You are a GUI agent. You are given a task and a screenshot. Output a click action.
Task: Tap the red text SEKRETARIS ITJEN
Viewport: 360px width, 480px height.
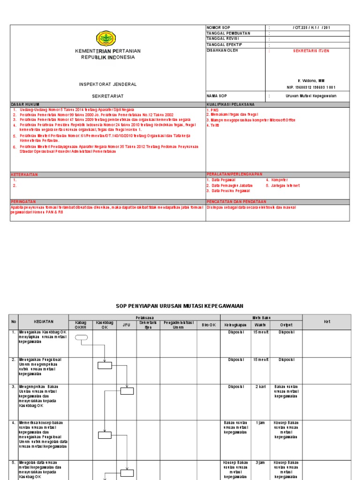pos(311,51)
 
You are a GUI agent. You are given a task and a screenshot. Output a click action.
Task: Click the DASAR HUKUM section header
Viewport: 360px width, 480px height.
pos(25,104)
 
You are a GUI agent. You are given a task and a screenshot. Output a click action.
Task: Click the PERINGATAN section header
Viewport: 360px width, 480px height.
pos(23,202)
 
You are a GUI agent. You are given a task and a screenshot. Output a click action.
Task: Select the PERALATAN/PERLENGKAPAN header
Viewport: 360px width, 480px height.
pos(234,174)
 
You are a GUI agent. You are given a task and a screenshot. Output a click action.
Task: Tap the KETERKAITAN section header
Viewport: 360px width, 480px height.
pos(24,174)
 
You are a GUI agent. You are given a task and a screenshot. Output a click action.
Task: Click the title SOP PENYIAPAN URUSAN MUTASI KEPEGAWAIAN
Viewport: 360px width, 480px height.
pos(180,306)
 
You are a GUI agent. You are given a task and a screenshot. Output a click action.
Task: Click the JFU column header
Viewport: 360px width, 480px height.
pos(127,325)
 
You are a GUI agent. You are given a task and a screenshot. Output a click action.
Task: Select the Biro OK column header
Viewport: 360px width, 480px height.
pos(209,325)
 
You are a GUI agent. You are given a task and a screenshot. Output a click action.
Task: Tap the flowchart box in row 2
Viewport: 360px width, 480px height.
pos(105,365)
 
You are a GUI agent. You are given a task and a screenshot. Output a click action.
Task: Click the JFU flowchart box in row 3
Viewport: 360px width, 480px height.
pos(127,391)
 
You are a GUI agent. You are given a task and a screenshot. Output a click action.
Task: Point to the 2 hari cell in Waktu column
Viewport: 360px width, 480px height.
pos(261,387)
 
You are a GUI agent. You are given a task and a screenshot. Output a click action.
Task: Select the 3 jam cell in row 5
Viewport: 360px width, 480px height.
pos(261,463)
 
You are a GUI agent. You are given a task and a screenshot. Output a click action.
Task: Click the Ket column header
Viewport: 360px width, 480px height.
pos(327,322)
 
